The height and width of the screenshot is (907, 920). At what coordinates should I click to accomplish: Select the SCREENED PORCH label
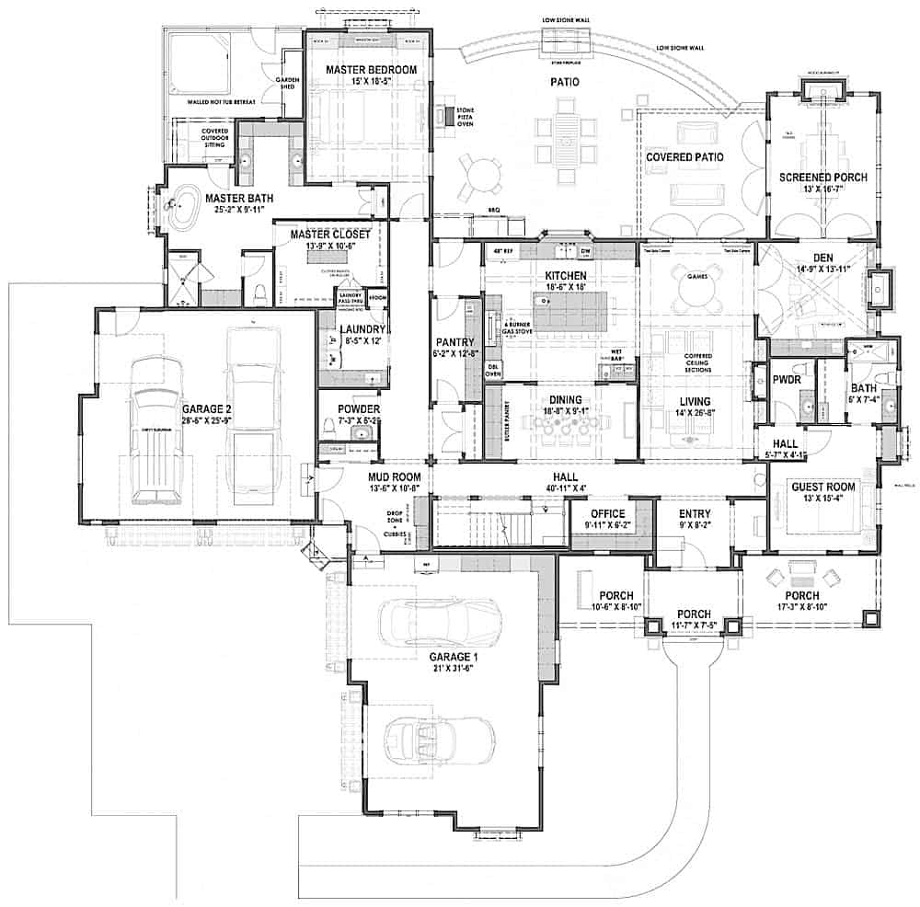812,178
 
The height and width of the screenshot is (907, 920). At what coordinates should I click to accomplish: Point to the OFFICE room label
607,514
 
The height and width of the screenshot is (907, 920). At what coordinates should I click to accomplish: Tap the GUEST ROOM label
823,487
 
